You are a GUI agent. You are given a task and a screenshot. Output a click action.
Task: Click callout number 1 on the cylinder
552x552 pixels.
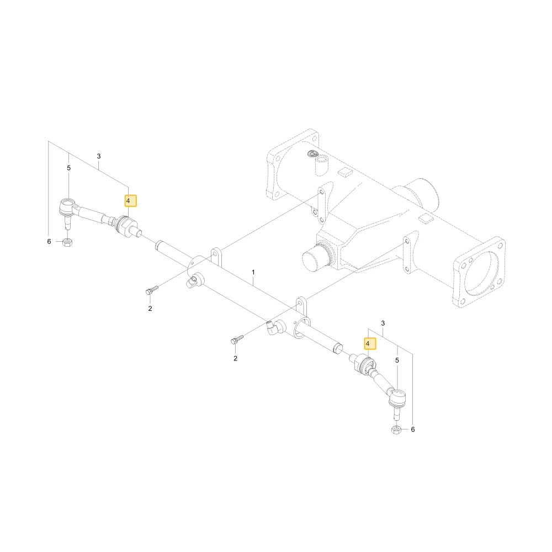(x=253, y=272)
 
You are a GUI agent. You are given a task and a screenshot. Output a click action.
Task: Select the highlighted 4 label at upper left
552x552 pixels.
(x=131, y=201)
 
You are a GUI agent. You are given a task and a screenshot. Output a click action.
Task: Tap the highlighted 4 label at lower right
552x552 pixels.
(x=370, y=343)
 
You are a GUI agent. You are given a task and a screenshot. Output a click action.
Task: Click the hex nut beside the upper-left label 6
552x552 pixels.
(x=67, y=242)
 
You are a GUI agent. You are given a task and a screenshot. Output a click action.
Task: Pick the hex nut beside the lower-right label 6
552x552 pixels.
(x=396, y=429)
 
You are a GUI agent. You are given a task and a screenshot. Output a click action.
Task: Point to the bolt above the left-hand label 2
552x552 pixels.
(x=152, y=290)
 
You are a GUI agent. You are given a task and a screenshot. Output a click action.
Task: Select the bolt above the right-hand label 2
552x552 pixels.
(x=237, y=339)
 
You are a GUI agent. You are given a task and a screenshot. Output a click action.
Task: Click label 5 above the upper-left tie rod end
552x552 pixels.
(x=68, y=168)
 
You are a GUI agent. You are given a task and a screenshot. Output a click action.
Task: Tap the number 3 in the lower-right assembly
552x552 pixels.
(x=383, y=323)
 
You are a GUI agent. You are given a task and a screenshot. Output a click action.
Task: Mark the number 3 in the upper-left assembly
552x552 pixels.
(x=99, y=156)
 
